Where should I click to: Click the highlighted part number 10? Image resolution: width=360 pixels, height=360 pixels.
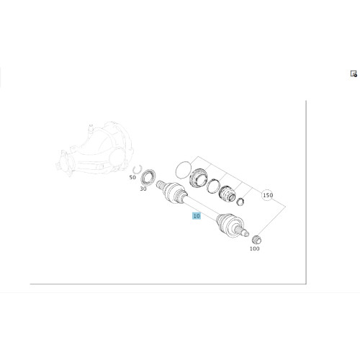pyautogui.click(x=196, y=215)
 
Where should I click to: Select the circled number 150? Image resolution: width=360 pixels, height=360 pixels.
pyautogui.click(x=267, y=195)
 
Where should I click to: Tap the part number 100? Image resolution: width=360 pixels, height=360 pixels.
pyautogui.click(x=254, y=248)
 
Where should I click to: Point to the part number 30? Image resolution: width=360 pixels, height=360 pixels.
pyautogui.click(x=143, y=189)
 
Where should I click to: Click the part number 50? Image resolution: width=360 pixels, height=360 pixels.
pyautogui.click(x=132, y=177)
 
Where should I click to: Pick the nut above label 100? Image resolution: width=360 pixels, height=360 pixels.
pyautogui.click(x=257, y=239)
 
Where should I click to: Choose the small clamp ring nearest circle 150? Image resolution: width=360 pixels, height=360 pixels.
pyautogui.click(x=242, y=200)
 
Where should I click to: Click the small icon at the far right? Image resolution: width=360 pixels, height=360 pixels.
pyautogui.click(x=354, y=73)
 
